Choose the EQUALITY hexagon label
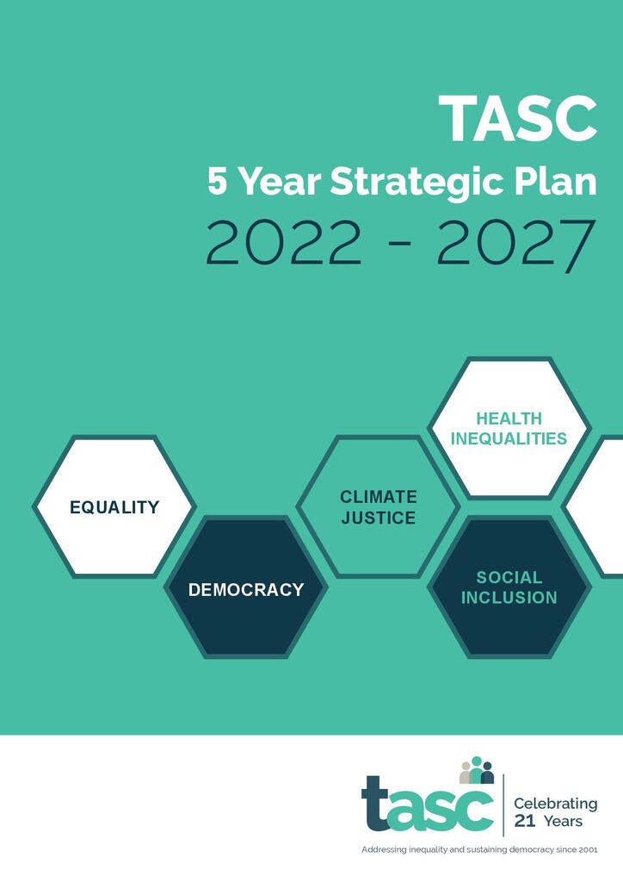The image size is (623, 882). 114,507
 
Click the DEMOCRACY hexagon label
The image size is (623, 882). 246,590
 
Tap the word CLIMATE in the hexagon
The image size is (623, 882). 379,497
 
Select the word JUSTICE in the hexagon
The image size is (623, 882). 379,519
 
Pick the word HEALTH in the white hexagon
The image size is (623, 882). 509,419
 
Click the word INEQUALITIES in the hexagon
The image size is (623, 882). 509,438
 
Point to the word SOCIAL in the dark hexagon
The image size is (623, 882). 509,577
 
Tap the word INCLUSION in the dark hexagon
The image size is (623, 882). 509,598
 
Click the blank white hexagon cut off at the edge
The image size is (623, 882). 602,506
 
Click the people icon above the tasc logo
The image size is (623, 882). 477,770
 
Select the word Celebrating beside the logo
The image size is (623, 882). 555,804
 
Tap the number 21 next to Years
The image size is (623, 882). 524,822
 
